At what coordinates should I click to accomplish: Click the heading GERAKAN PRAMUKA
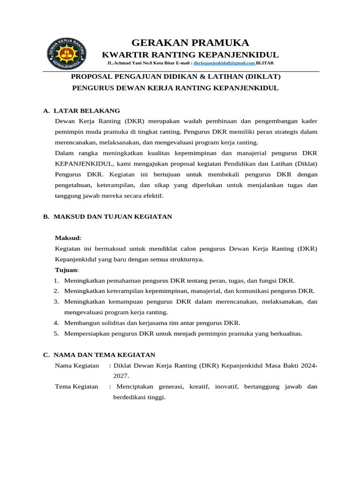pyautogui.click(x=190, y=43)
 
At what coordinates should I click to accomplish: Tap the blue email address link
pyautogui.click(x=224, y=63)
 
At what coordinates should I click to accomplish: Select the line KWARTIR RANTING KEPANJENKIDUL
pyautogui.click(x=190, y=55)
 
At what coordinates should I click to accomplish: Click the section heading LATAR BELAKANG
pyautogui.click(x=87, y=111)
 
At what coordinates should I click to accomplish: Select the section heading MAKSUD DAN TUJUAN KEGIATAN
pyautogui.click(x=112, y=217)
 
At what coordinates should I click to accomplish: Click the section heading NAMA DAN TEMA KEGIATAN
pyautogui.click(x=105, y=355)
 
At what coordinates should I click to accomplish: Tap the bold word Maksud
pyautogui.click(x=67, y=238)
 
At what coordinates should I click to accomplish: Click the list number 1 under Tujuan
pyautogui.click(x=56, y=281)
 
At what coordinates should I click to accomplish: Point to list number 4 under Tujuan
pyautogui.click(x=56, y=323)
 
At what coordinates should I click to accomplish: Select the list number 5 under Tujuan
pyautogui.click(x=56, y=334)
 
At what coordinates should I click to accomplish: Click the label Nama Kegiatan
pyautogui.click(x=77, y=366)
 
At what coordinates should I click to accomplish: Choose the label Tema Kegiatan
pyautogui.click(x=76, y=387)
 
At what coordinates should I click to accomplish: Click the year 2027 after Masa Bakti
pyautogui.click(x=120, y=376)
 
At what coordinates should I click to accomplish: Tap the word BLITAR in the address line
pyautogui.click(x=265, y=63)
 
